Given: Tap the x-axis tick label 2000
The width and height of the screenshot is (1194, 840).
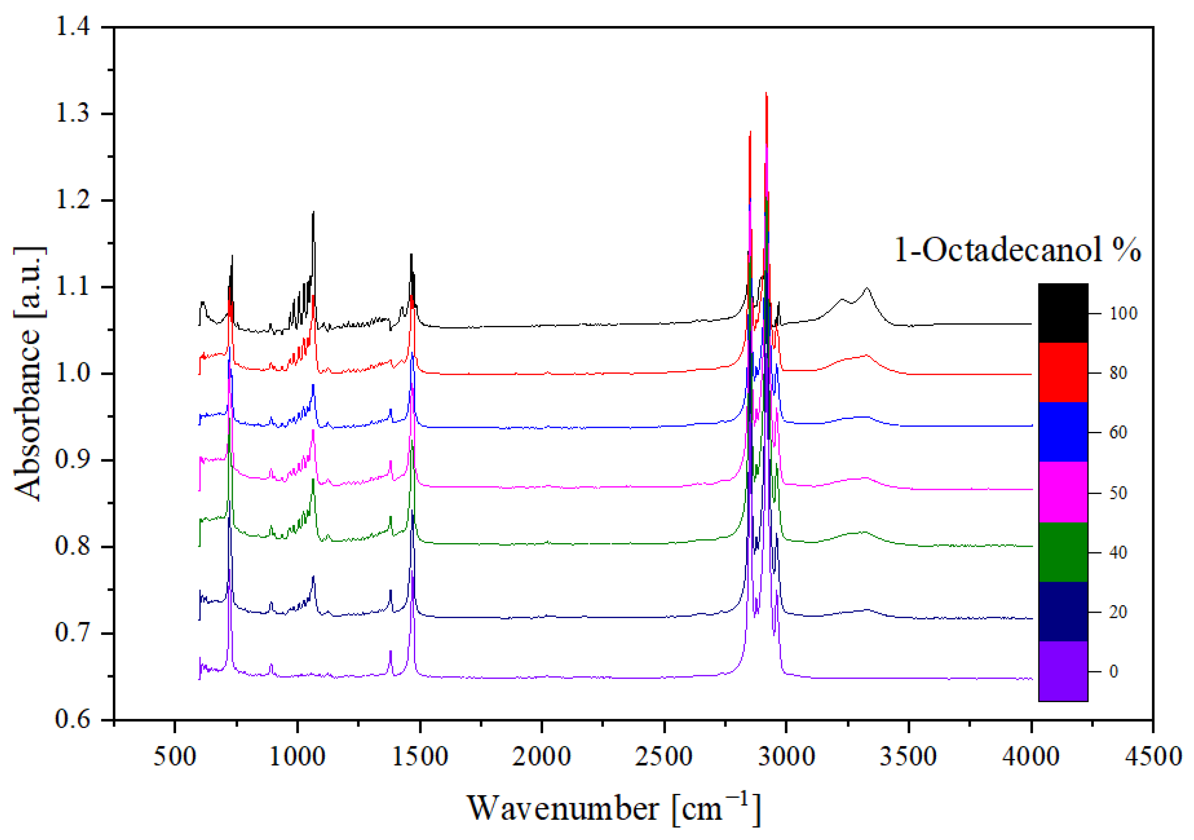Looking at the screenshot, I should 541,756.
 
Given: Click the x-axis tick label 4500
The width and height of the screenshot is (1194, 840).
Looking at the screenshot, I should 1153,756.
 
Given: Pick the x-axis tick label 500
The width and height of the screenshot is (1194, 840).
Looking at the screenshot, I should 175,756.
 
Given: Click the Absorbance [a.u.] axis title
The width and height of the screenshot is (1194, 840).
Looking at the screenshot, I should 29,373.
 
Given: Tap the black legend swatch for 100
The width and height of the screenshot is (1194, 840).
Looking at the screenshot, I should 1063,313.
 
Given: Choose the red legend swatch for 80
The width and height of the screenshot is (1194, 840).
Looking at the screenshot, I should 1063,372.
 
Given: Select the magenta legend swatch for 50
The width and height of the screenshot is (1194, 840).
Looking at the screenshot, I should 1063,492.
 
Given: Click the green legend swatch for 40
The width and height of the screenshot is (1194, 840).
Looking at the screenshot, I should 1063,552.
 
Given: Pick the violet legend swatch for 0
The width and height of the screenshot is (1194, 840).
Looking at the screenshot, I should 1063,671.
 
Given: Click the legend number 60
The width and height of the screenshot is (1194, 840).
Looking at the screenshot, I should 1118,432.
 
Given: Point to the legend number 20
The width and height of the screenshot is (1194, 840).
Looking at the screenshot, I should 1118,612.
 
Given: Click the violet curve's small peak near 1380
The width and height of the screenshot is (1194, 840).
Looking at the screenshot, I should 390,652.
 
